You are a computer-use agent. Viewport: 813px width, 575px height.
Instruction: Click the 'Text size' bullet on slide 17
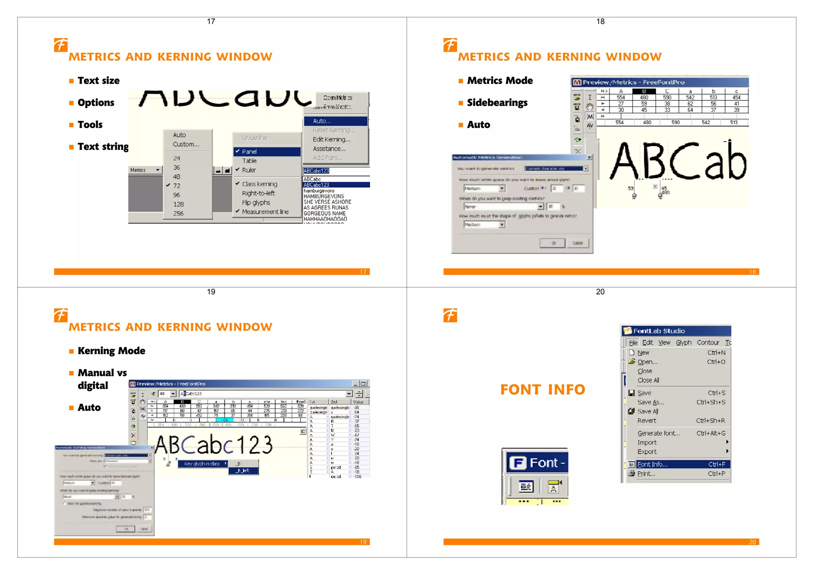(x=98, y=81)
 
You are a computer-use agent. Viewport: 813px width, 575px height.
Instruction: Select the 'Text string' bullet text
(x=103, y=146)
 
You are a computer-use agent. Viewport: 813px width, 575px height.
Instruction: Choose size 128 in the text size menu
(x=178, y=204)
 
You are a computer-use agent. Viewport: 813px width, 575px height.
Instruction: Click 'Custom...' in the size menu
(x=186, y=144)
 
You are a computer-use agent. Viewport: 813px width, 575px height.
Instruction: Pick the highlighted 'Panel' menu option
(x=249, y=152)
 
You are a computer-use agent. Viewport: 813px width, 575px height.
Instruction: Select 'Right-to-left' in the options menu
(x=258, y=193)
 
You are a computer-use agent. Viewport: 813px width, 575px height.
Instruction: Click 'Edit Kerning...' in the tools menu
(x=331, y=139)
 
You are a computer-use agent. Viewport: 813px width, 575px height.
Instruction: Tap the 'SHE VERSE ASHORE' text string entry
(x=327, y=202)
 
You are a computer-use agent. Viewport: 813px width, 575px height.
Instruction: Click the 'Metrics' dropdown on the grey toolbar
(x=145, y=170)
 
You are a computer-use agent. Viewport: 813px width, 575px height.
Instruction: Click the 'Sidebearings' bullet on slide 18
(x=497, y=103)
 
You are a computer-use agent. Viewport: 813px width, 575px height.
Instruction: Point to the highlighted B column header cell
(x=644, y=91)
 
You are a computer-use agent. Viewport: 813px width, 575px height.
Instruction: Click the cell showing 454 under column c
(x=736, y=97)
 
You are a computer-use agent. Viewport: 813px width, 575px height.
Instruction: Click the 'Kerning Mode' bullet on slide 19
(x=111, y=351)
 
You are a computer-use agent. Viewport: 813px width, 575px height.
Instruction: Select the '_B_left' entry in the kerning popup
(x=243, y=471)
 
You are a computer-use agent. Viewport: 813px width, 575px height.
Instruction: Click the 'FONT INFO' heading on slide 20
(x=543, y=390)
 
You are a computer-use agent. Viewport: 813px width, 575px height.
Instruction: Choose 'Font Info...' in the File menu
(x=652, y=464)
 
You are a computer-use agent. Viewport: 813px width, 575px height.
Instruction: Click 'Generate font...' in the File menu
(x=658, y=433)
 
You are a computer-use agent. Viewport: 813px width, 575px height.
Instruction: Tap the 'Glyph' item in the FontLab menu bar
(x=684, y=342)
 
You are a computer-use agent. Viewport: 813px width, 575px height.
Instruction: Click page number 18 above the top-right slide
(x=600, y=21)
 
